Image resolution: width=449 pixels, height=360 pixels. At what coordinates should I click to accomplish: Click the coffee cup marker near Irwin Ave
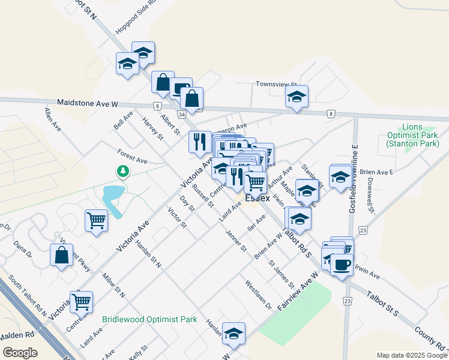(x=342, y=264)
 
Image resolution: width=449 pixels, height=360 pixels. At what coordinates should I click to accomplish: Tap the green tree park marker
(x=123, y=172)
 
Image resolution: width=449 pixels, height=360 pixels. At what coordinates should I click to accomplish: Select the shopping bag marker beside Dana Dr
(x=62, y=255)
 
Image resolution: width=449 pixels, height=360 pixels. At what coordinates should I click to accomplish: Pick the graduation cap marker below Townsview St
(x=297, y=97)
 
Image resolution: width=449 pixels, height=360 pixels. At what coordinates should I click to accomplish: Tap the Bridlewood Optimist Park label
(x=149, y=320)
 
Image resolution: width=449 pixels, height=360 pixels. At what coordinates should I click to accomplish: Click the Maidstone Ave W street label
(x=88, y=103)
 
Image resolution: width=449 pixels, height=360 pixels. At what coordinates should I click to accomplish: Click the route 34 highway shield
(x=181, y=114)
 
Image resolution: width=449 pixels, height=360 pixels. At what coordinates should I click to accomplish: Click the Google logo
(x=20, y=353)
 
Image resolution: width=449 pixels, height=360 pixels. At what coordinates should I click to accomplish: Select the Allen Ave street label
(x=52, y=119)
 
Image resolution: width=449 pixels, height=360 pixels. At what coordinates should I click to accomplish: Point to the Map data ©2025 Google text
(x=411, y=355)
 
